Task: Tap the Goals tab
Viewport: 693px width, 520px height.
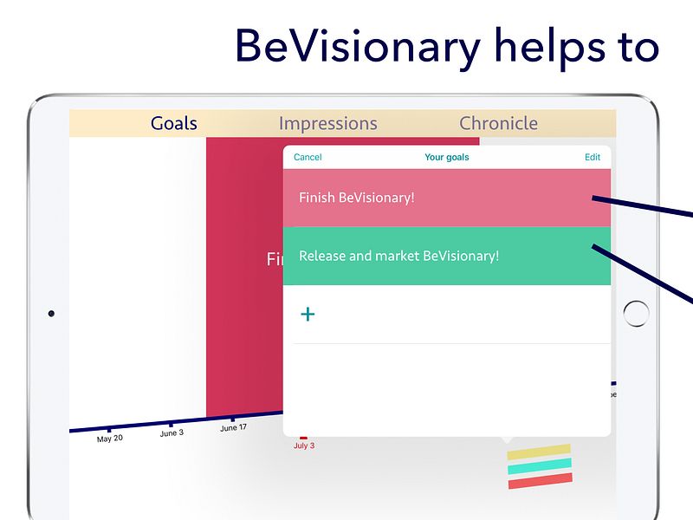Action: coord(174,124)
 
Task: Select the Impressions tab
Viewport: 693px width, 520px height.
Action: coord(327,124)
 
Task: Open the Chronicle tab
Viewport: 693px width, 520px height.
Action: coord(498,124)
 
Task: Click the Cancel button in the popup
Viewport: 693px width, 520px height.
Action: coord(308,158)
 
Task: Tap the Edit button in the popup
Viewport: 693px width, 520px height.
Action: coord(593,158)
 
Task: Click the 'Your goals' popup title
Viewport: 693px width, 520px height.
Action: coord(447,158)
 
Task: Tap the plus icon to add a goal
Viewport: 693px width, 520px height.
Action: coord(308,314)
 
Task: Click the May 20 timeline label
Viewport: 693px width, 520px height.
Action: coord(109,439)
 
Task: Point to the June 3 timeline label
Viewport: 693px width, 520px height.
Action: coord(172,433)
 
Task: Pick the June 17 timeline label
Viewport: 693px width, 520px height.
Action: coord(233,428)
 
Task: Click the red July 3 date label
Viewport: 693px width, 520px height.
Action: coord(304,445)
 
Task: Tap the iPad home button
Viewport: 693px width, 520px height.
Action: coord(636,314)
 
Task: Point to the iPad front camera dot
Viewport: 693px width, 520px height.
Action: coord(51,313)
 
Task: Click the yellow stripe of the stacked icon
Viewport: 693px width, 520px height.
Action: coord(539,452)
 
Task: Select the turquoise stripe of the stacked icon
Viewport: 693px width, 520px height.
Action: coord(540,466)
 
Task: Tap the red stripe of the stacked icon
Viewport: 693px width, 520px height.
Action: coord(540,480)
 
